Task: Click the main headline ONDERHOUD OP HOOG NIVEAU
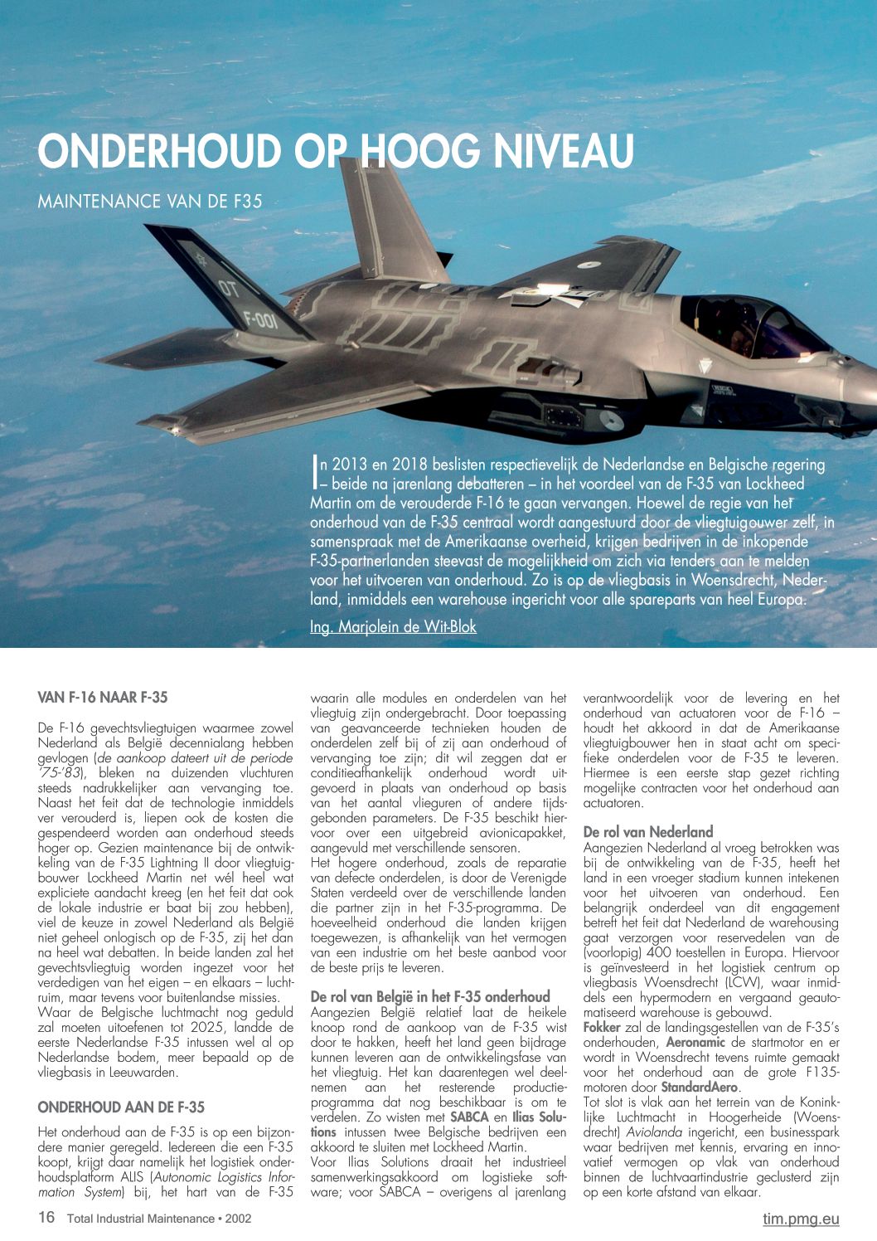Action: pyautogui.click(x=336, y=151)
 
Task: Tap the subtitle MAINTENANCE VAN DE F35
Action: pyautogui.click(x=150, y=201)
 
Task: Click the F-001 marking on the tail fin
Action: pyautogui.click(x=260, y=319)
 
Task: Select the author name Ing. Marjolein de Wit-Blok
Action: pyautogui.click(x=393, y=627)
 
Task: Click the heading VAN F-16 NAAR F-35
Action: pyautogui.click(x=103, y=697)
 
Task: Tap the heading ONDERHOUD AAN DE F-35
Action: pyautogui.click(x=121, y=1107)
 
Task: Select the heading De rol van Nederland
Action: pyautogui.click(x=648, y=832)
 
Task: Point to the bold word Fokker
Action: pyautogui.click(x=602, y=1027)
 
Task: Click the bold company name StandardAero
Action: pyautogui.click(x=699, y=1087)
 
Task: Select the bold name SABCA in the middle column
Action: pyautogui.click(x=469, y=1117)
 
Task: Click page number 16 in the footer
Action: pyautogui.click(x=46, y=1218)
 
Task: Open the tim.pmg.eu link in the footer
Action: pyautogui.click(x=801, y=1219)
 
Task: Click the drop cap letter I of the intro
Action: pyautogui.click(x=315, y=470)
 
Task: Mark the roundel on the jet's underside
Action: pyautogui.click(x=611, y=421)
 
